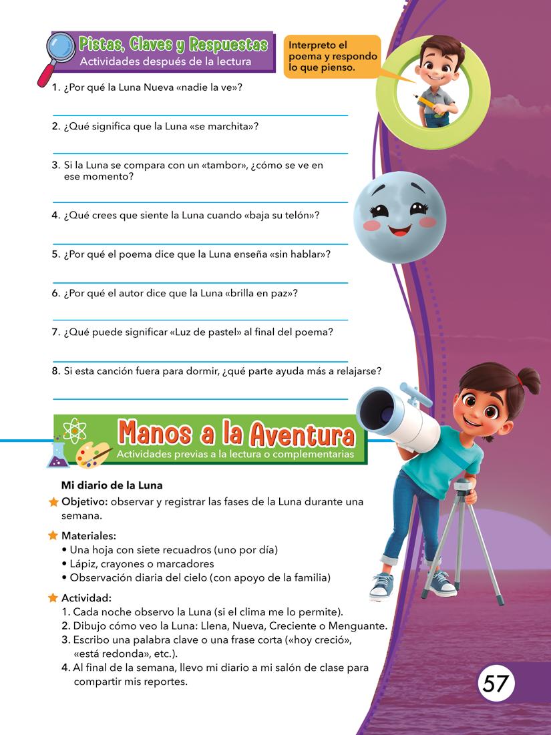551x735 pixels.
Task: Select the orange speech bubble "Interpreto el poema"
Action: [x=332, y=57]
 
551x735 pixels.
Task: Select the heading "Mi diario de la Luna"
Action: [x=112, y=485]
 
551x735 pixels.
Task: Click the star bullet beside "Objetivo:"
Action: [x=54, y=502]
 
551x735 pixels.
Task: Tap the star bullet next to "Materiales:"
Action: [x=54, y=535]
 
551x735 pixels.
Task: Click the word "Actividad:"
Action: [x=86, y=597]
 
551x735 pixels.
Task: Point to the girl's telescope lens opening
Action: [x=377, y=409]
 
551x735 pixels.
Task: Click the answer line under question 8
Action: [x=200, y=399]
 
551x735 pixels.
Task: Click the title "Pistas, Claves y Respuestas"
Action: [x=173, y=45]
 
